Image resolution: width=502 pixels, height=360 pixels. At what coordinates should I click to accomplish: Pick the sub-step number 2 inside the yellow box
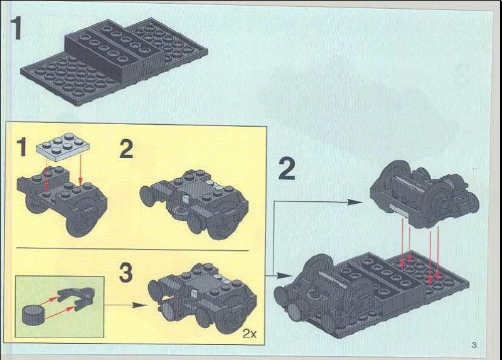pyautogui.click(x=127, y=151)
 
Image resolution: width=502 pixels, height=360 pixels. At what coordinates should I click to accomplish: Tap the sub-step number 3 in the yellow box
pyautogui.click(x=126, y=273)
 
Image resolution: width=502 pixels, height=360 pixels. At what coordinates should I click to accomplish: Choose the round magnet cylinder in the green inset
pyautogui.click(x=31, y=313)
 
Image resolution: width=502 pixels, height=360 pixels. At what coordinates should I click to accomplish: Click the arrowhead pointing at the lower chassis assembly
pyautogui.click(x=286, y=275)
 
